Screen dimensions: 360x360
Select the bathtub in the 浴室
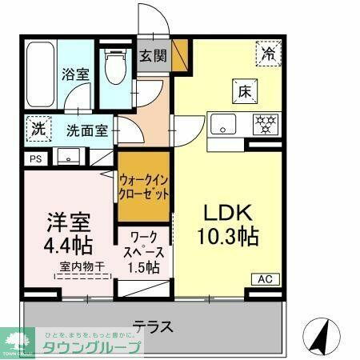click(39, 73)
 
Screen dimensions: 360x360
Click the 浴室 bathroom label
click(77, 74)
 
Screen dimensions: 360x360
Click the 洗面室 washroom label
click(86, 130)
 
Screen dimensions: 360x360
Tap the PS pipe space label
click(34, 158)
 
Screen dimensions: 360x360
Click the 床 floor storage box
click(244, 90)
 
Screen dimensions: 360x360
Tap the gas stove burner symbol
click(264, 125)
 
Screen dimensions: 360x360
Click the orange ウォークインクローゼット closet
click(144, 187)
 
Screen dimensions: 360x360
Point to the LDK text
click(226, 214)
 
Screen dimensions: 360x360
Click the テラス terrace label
click(153, 326)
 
